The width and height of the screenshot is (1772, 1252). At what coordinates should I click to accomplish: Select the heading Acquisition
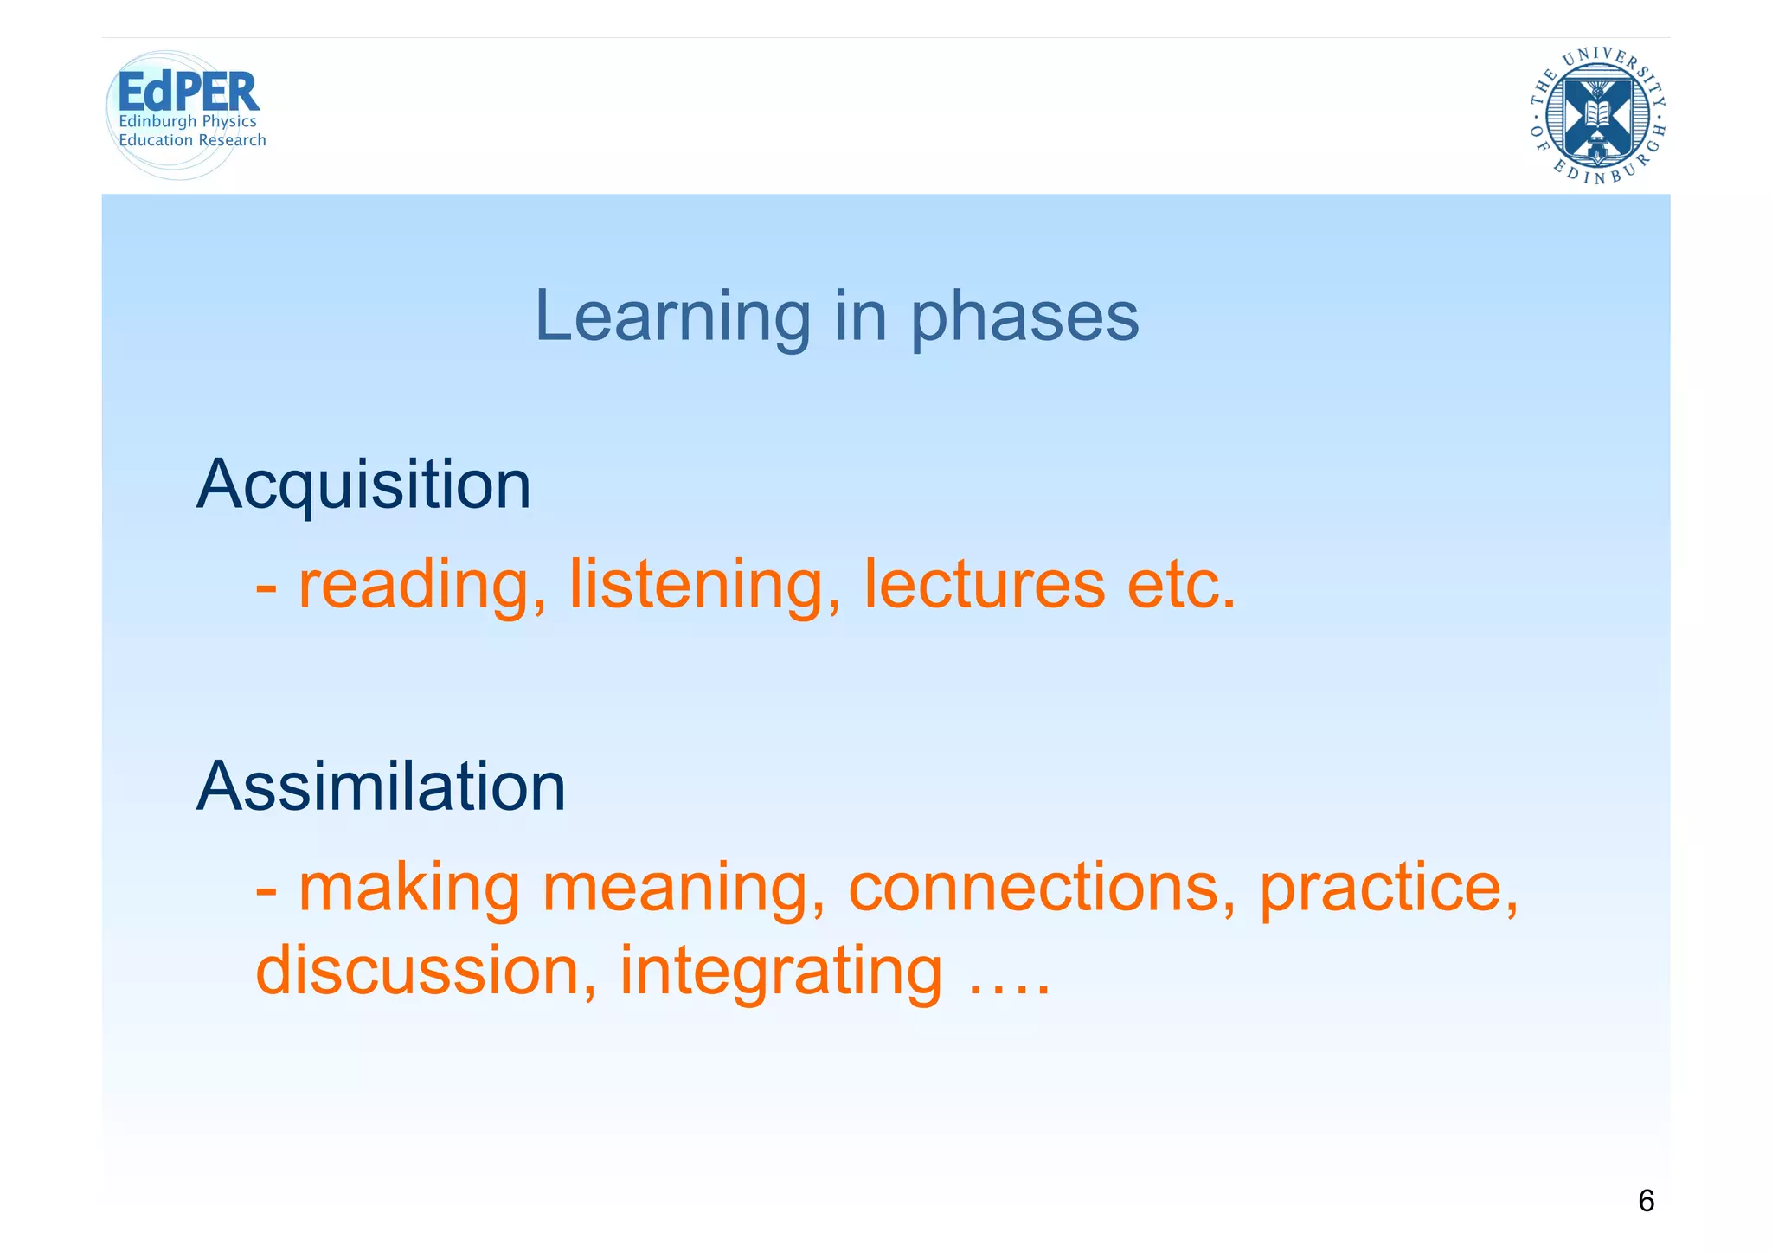pyautogui.click(x=363, y=485)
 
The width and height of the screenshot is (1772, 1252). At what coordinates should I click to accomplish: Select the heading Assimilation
pyautogui.click(x=381, y=787)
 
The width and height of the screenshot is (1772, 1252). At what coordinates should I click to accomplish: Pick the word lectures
pyautogui.click(x=984, y=586)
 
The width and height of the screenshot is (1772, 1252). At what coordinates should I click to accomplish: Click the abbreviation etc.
pyautogui.click(x=1181, y=586)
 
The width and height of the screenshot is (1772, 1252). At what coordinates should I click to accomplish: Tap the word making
pyautogui.click(x=408, y=889)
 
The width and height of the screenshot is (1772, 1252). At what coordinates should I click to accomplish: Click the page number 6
pyautogui.click(x=1646, y=1201)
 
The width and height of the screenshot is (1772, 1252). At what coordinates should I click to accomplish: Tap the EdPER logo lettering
pyautogui.click(x=188, y=92)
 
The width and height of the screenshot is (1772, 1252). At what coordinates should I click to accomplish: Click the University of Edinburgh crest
pyautogui.click(x=1597, y=115)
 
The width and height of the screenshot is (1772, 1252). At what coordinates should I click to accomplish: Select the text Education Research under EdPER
pyautogui.click(x=192, y=140)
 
